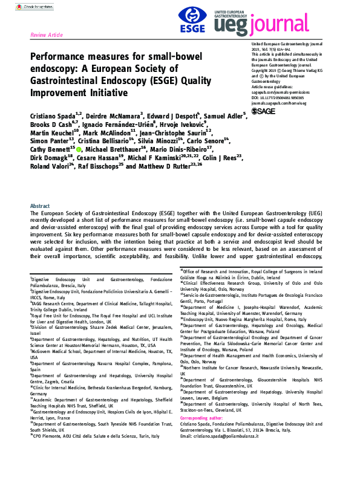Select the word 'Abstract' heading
(40, 206)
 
